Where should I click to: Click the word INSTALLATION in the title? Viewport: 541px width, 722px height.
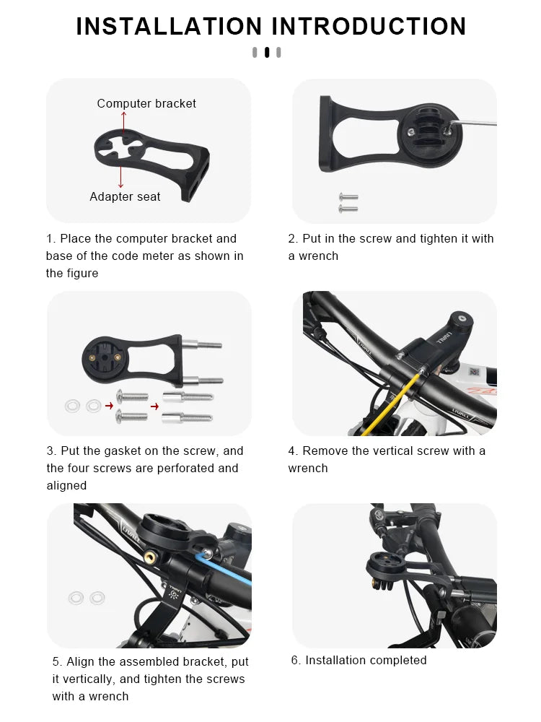(168, 26)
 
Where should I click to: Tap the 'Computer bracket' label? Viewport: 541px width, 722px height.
(146, 104)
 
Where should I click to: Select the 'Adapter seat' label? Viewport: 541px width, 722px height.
(125, 196)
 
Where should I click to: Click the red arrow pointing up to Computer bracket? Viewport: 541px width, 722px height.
(123, 121)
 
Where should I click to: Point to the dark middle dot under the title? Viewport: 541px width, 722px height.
(267, 52)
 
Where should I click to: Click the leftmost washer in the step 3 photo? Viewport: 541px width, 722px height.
(74, 406)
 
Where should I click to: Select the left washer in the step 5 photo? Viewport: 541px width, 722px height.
(76, 598)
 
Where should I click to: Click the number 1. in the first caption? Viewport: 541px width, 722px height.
(50, 238)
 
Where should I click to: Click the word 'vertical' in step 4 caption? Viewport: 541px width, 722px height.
(395, 451)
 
